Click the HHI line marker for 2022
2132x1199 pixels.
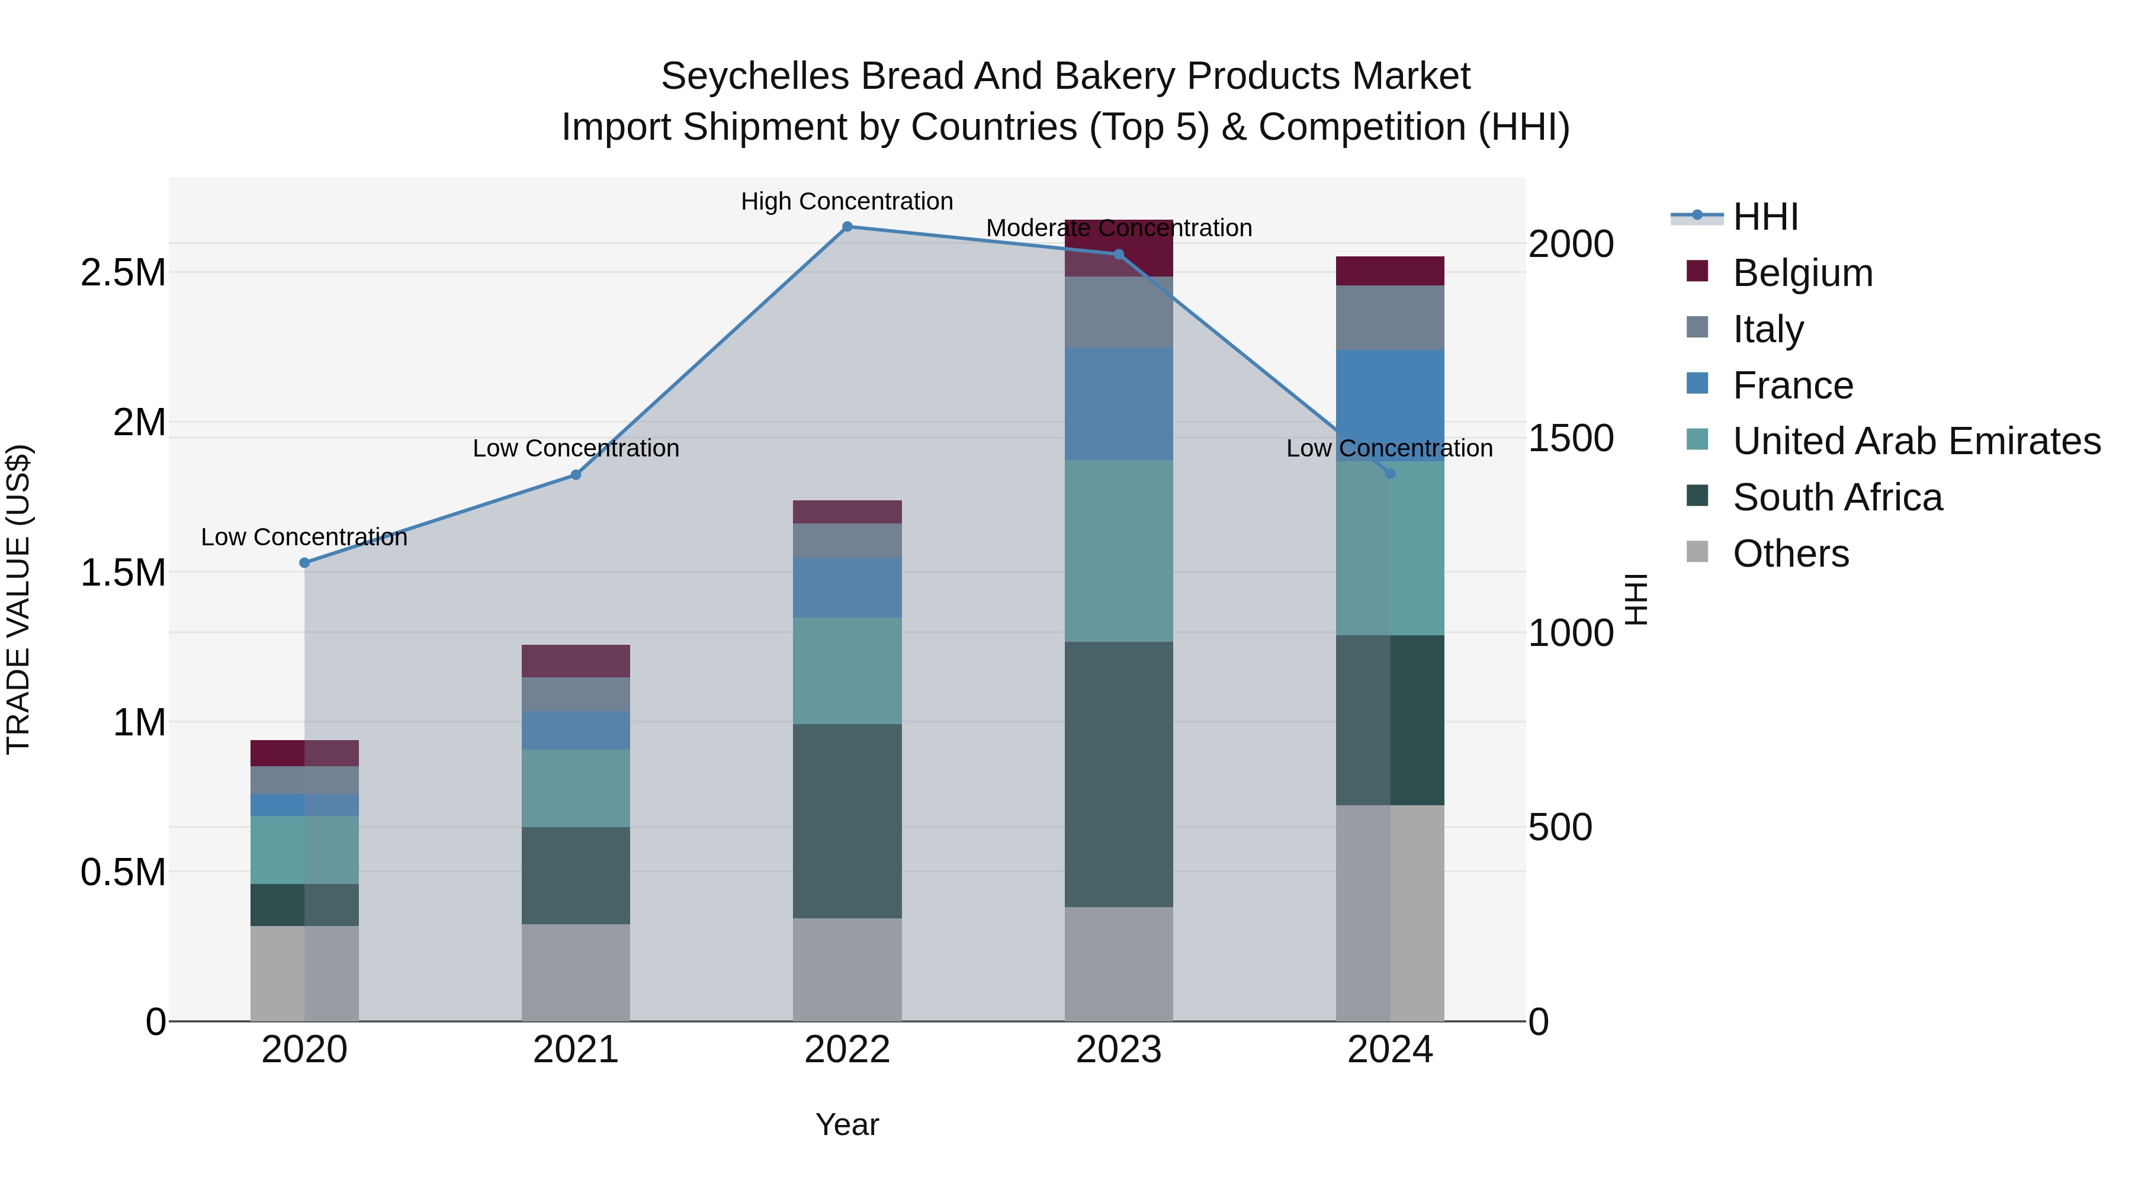[x=847, y=227]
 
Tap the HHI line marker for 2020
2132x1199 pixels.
[x=304, y=562]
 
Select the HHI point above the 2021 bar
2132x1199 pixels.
[x=576, y=475]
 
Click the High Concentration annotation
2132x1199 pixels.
[x=847, y=202]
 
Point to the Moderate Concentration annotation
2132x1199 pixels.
[x=1119, y=229]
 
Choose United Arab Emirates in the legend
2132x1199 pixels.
[x=1916, y=441]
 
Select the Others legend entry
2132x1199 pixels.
[x=1790, y=554]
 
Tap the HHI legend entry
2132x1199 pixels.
[x=1765, y=217]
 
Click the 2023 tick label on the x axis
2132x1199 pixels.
[x=1118, y=1050]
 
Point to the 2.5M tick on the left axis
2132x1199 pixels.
[x=123, y=272]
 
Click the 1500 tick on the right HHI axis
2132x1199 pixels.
[x=1570, y=439]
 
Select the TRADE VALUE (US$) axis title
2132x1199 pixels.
[x=18, y=599]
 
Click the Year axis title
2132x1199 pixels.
[x=847, y=1124]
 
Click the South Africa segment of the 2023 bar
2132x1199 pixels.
[x=1118, y=774]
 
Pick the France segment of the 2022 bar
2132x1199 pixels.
[x=847, y=587]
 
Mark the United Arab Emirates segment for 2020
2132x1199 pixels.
[x=304, y=850]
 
